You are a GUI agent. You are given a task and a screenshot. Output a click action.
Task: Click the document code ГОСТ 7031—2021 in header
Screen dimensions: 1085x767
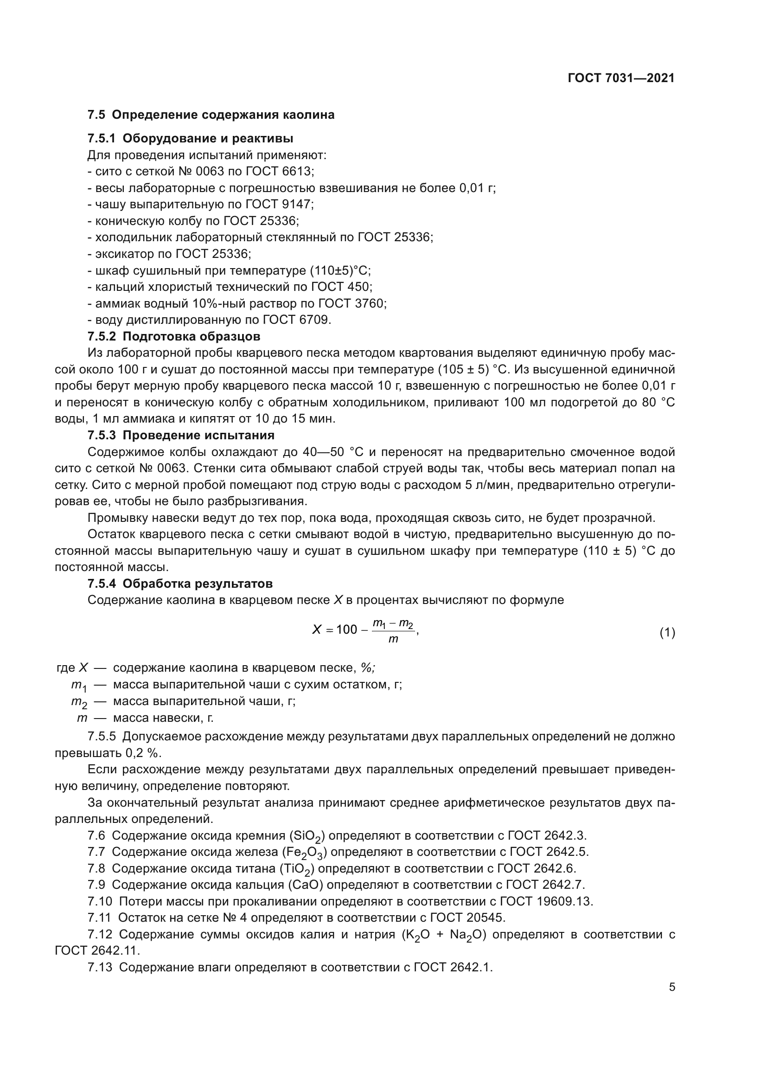[621, 78]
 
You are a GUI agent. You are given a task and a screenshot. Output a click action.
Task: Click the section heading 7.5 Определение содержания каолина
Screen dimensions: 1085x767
[211, 115]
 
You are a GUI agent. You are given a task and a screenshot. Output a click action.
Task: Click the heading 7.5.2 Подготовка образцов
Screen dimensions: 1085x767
[174, 336]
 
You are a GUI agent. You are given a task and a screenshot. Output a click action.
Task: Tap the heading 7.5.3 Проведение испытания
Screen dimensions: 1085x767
[181, 435]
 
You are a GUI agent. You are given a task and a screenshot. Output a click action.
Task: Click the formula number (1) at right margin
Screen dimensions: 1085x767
[667, 632]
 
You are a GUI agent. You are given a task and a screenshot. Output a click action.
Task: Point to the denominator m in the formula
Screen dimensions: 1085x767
[393, 640]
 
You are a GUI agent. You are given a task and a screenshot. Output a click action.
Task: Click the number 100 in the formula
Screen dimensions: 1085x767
[347, 630]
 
